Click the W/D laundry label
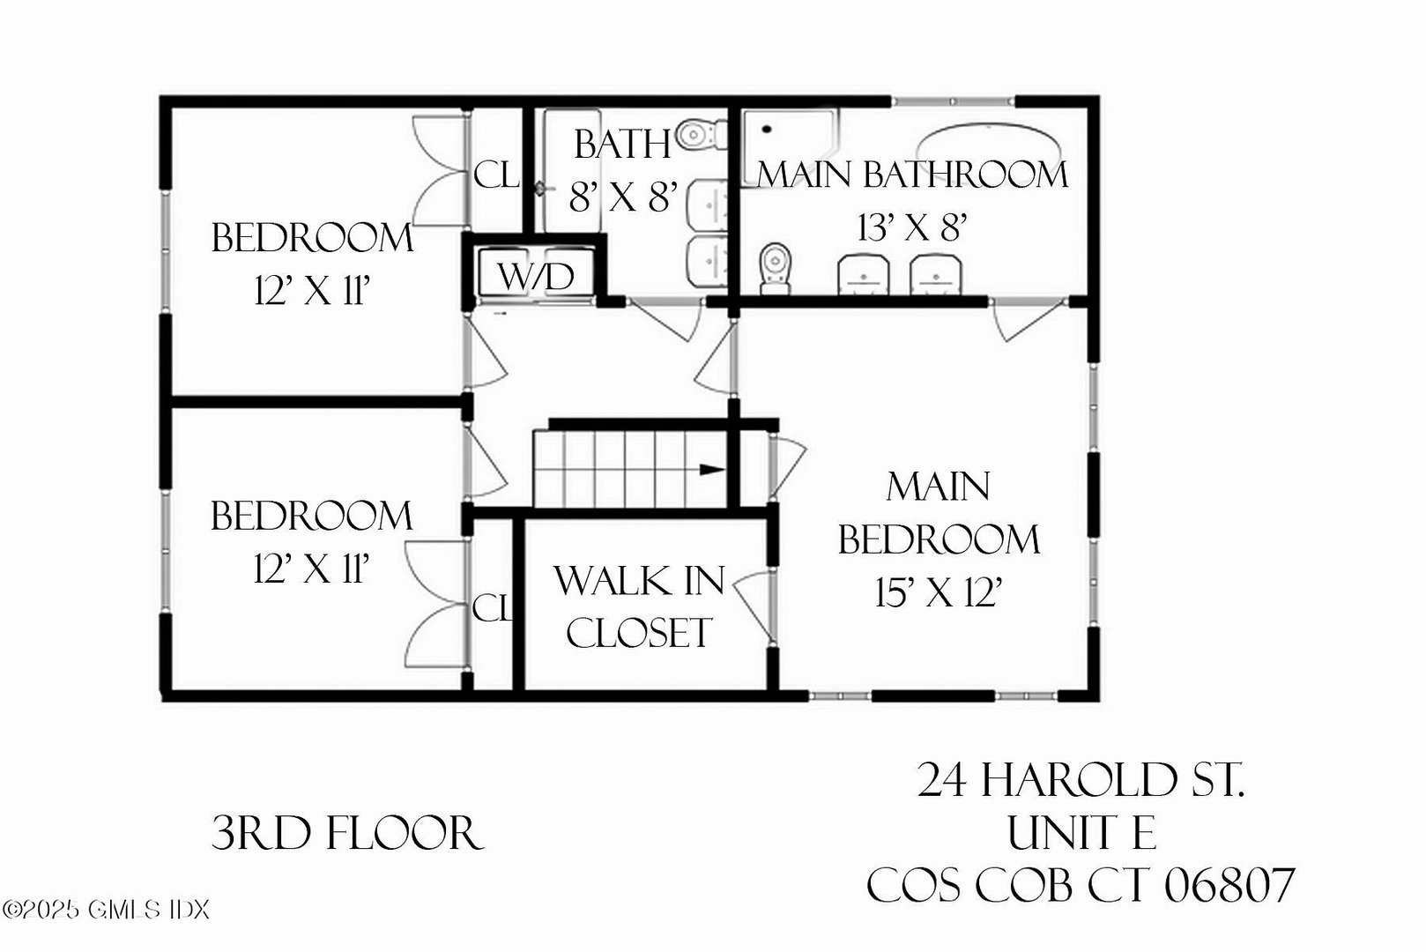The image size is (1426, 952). point(536,276)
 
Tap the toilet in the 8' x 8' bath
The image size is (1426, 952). point(698,136)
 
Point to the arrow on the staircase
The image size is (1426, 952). point(711,469)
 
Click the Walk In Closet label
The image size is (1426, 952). point(639,606)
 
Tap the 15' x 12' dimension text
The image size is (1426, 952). point(940,593)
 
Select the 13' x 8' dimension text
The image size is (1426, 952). point(913,227)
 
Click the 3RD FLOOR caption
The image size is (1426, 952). point(347,834)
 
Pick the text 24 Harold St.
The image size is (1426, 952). point(1081,779)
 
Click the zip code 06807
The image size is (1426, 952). point(1229,885)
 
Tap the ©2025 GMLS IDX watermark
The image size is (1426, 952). point(106,909)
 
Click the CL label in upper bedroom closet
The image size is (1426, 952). point(495,175)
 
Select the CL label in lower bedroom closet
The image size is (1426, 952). point(492,607)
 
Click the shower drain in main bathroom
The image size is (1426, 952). point(767,130)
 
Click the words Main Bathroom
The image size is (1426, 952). point(913,175)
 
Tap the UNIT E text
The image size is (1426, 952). point(1081,832)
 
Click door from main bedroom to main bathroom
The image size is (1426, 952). point(1028,321)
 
